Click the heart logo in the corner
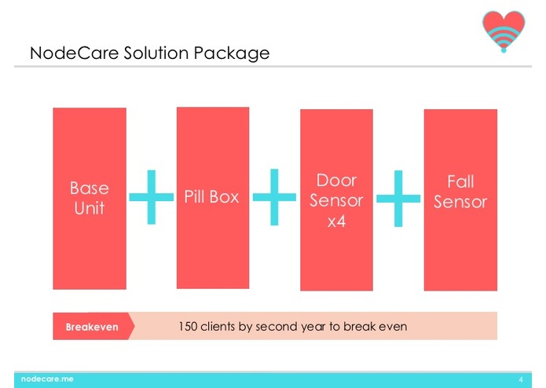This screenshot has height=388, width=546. click(504, 31)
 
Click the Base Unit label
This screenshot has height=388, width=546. click(89, 199)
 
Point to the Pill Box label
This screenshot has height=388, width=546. click(211, 196)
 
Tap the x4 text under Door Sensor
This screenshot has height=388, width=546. click(336, 221)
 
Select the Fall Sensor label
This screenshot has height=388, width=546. click(460, 192)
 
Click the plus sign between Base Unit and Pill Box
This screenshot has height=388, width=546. click(151, 198)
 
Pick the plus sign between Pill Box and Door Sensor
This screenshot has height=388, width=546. click(274, 196)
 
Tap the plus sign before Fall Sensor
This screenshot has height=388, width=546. click(398, 198)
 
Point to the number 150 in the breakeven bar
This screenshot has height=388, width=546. click(189, 326)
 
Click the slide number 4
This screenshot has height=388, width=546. click(520, 379)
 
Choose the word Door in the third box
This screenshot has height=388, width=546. click(336, 181)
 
